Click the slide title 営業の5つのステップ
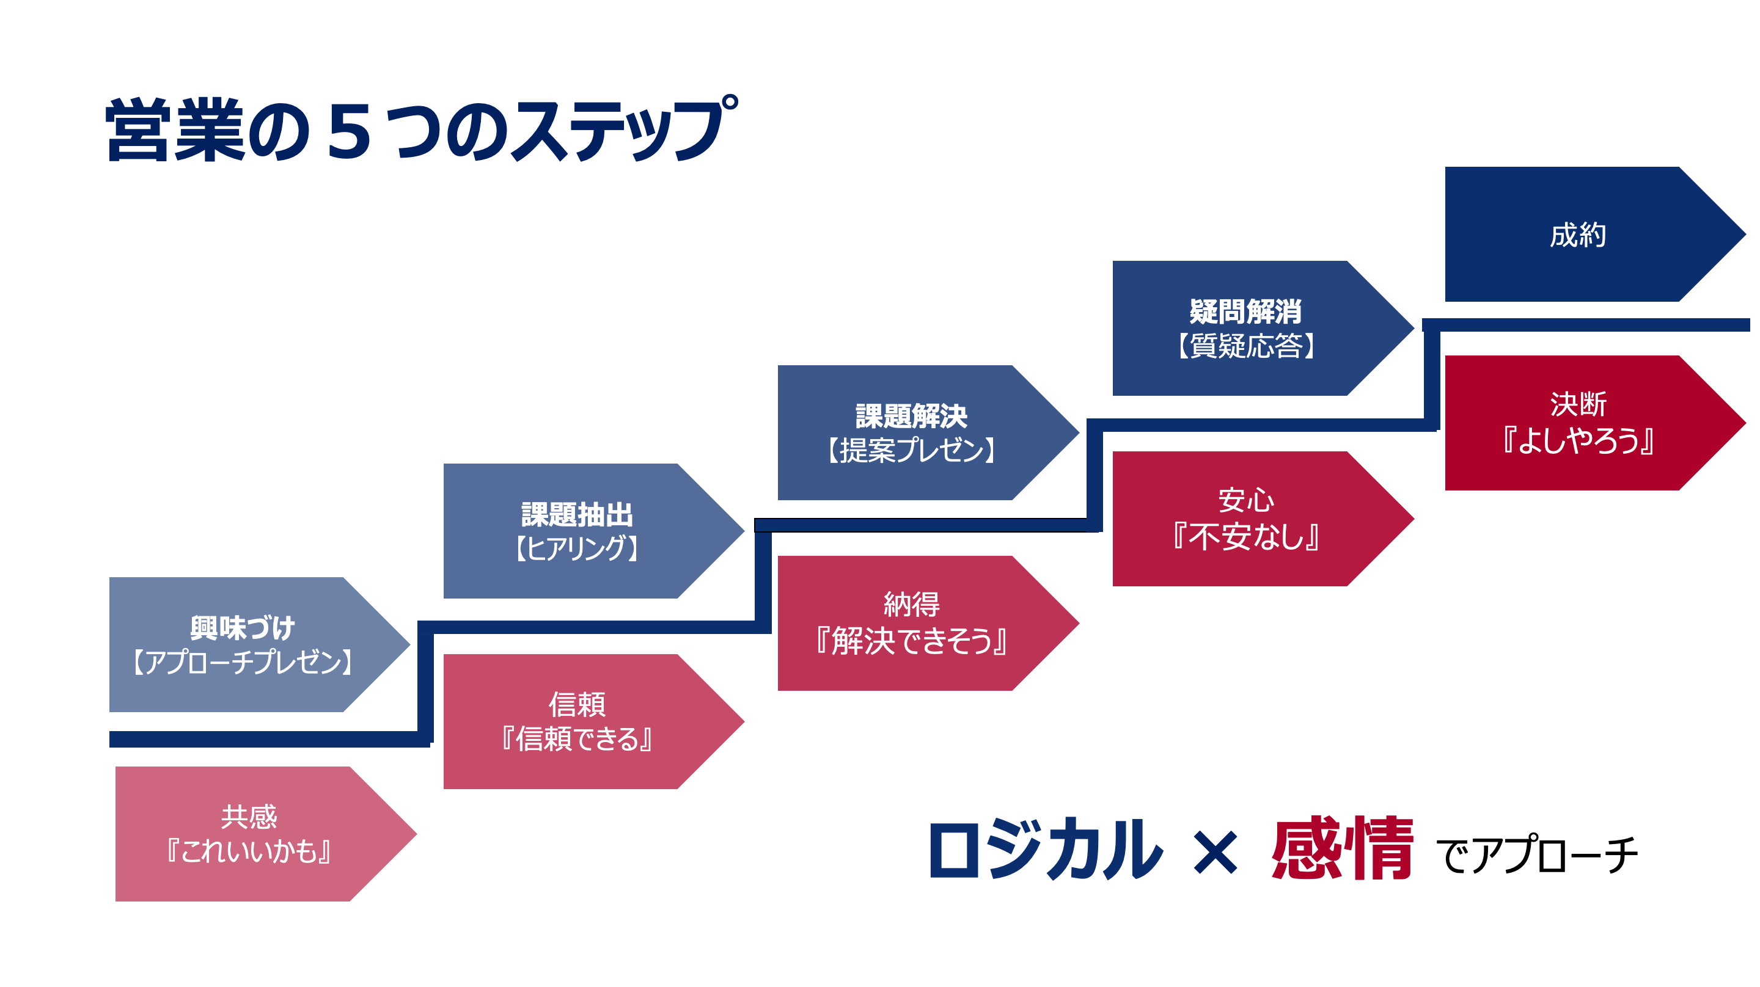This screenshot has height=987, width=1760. tap(420, 129)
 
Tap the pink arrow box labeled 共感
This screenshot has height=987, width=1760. tap(249, 833)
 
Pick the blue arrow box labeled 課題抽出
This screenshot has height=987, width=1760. tap(577, 530)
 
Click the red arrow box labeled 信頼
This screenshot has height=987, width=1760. tap(577, 721)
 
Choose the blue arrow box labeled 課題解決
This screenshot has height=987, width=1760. tap(912, 432)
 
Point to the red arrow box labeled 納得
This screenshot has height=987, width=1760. tap(912, 622)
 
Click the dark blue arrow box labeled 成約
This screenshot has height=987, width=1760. tap(1579, 235)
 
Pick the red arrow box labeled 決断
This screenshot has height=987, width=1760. tap(1579, 422)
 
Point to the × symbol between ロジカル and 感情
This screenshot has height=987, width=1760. tap(1215, 853)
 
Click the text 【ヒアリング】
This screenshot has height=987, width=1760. tap(577, 548)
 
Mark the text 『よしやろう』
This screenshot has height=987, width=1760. tap(1579, 440)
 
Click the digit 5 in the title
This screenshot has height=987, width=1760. tap(349, 131)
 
